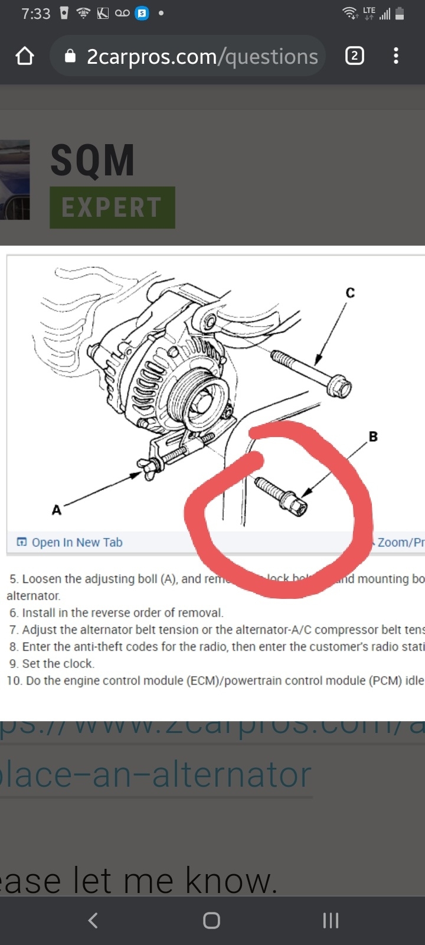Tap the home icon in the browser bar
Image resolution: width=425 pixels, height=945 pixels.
25,56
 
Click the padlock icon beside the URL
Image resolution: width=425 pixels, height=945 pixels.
70,56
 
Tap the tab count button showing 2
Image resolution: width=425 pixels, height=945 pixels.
354,56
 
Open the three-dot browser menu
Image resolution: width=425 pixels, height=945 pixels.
395,56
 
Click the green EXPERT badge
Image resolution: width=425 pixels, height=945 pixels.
112,207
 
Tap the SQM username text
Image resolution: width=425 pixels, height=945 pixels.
93,161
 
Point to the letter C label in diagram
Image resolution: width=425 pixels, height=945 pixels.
350,293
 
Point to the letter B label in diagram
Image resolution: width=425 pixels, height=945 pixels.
373,437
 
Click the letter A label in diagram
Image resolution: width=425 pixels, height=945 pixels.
57,509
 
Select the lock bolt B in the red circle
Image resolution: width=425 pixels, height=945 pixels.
282,497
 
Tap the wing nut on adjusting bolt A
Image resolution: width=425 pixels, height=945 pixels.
148,467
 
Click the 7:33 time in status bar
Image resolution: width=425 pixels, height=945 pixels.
36,14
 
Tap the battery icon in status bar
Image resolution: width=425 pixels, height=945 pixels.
400,14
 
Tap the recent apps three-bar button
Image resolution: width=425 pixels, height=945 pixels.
331,920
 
